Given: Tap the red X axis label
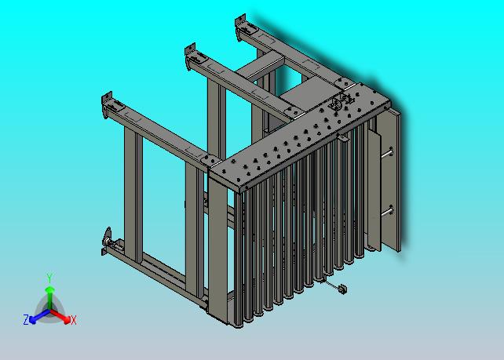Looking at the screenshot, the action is (x=74, y=320).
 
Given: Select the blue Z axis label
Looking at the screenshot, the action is (x=26, y=319).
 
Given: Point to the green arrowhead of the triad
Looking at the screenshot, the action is (x=49, y=291).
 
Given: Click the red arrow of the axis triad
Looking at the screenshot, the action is (x=60, y=315).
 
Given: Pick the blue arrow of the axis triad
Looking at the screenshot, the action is (x=39, y=316).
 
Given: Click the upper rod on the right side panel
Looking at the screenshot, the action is (x=387, y=153).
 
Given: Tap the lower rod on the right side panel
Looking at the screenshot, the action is (x=387, y=212).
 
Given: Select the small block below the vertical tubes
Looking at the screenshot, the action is (x=343, y=289).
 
